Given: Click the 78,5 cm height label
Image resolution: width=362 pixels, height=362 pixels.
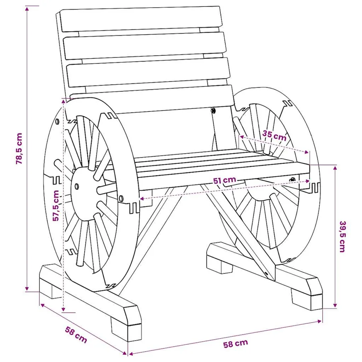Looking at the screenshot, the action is tap(19, 149).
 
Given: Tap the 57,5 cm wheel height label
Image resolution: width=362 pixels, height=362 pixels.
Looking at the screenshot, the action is tap(56, 206).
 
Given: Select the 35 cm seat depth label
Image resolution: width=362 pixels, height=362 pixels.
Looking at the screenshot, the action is tap(274, 136).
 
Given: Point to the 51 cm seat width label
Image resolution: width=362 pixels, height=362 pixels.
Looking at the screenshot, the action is tap(224, 180).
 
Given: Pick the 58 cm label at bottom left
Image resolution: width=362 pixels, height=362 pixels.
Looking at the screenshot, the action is tap(76, 335).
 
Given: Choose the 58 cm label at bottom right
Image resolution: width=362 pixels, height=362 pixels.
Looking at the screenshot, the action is tap(235, 343).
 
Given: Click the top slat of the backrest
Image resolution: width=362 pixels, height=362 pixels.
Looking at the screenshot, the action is tap(141, 19).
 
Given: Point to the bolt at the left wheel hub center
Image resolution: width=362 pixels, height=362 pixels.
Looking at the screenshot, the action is tap(77, 186).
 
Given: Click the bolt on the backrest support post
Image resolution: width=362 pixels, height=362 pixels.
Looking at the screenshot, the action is tap(213, 110).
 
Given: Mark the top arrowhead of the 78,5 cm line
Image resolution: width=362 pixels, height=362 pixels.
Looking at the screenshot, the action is tap(27, 9).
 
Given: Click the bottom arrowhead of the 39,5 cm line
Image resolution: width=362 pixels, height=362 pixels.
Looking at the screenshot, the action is tap(335, 305).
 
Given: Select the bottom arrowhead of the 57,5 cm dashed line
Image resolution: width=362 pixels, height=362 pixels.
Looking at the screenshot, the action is tap(64, 309).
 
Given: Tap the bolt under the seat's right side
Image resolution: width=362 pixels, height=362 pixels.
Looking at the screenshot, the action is tap(293, 179).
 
